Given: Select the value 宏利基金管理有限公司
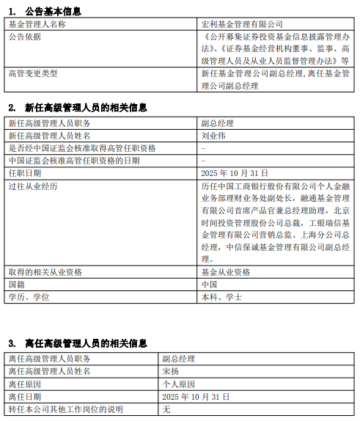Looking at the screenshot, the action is coord(241,24).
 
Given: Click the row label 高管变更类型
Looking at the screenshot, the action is coord(33,73).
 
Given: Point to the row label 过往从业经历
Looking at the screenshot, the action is coord(33,186).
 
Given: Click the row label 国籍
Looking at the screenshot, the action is coord(17,284).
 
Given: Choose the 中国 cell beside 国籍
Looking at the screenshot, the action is coord(209,284).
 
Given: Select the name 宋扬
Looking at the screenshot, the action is coord(171,371).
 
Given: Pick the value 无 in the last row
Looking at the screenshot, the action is coord(166,409).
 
